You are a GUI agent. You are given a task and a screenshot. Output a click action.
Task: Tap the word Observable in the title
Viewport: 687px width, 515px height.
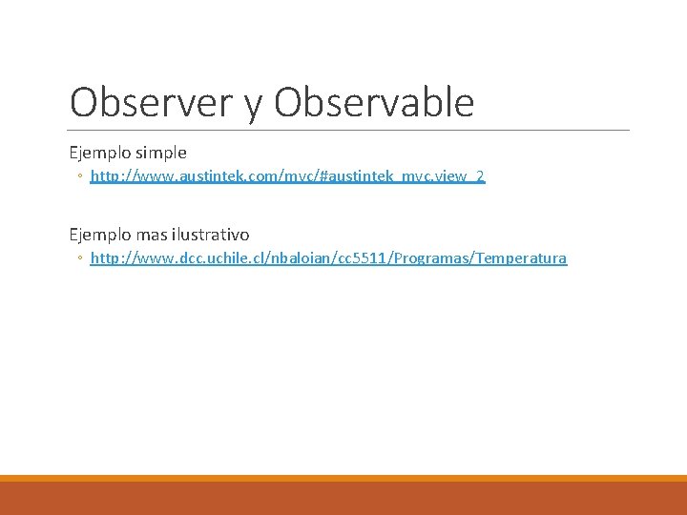pos(374,103)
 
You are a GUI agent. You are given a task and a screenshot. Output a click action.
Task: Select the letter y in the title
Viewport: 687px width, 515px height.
pos(253,105)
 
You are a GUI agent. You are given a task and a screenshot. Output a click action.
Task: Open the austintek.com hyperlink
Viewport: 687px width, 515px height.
pos(287,176)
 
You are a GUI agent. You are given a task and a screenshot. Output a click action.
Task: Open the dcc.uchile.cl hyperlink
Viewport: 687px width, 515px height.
pos(328,258)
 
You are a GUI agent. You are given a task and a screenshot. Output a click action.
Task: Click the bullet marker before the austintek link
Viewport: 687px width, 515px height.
pos(82,177)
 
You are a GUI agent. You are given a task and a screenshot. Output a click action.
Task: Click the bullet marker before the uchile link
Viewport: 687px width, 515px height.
pos(82,259)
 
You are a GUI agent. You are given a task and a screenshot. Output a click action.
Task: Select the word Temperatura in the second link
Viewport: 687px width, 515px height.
pos(522,258)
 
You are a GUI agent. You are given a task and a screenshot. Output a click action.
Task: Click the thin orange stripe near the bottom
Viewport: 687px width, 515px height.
pos(343,478)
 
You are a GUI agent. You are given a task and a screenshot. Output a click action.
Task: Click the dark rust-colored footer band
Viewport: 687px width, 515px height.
pos(343,499)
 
